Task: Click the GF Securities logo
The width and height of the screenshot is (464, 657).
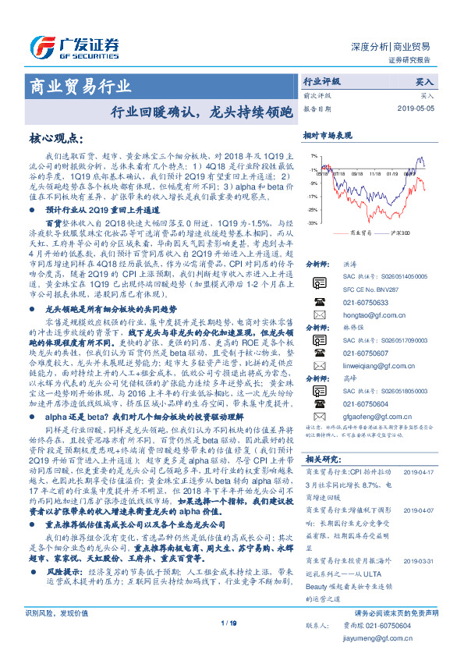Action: click(74, 44)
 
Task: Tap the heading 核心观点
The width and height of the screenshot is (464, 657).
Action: click(56, 138)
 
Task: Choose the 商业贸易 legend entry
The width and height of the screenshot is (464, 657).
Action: click(356, 233)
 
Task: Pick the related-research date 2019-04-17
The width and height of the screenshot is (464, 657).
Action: click(422, 471)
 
